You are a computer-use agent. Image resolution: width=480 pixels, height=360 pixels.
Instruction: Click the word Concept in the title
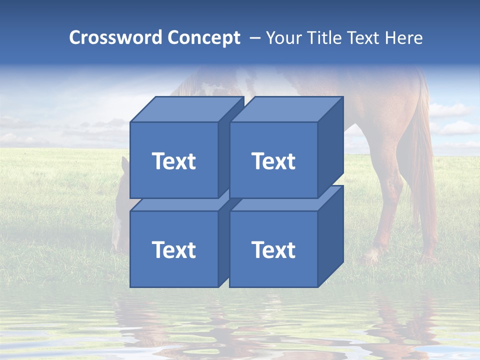coord(203,38)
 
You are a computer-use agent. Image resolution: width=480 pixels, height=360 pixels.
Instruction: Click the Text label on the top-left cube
coord(173,161)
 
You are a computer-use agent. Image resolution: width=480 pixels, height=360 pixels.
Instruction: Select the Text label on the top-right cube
coord(273,161)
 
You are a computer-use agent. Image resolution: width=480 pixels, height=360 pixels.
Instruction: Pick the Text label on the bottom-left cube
coord(173,249)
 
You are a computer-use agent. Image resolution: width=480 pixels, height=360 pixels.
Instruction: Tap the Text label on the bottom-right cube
coord(273,249)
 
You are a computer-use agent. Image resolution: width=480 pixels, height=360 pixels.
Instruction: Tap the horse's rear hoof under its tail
coord(429,258)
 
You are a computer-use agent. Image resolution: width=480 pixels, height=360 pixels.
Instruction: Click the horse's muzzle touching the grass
coord(116,245)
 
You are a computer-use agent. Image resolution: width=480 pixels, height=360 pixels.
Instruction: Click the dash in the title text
coord(254,38)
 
